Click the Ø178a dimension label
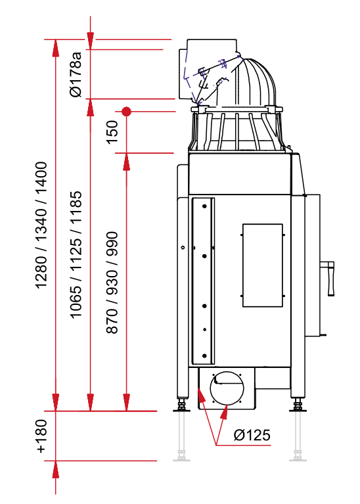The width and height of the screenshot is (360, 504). (76, 74)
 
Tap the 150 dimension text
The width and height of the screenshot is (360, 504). (112, 132)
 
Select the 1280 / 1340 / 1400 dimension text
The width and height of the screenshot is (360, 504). (41, 225)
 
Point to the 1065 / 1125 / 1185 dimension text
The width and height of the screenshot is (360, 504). (76, 254)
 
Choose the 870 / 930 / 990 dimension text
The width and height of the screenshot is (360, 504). (112, 283)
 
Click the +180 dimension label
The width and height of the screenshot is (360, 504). (41, 436)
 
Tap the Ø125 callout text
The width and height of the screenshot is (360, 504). (252, 435)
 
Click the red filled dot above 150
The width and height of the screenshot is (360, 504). (127, 112)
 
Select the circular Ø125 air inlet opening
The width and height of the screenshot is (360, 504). (227, 388)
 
